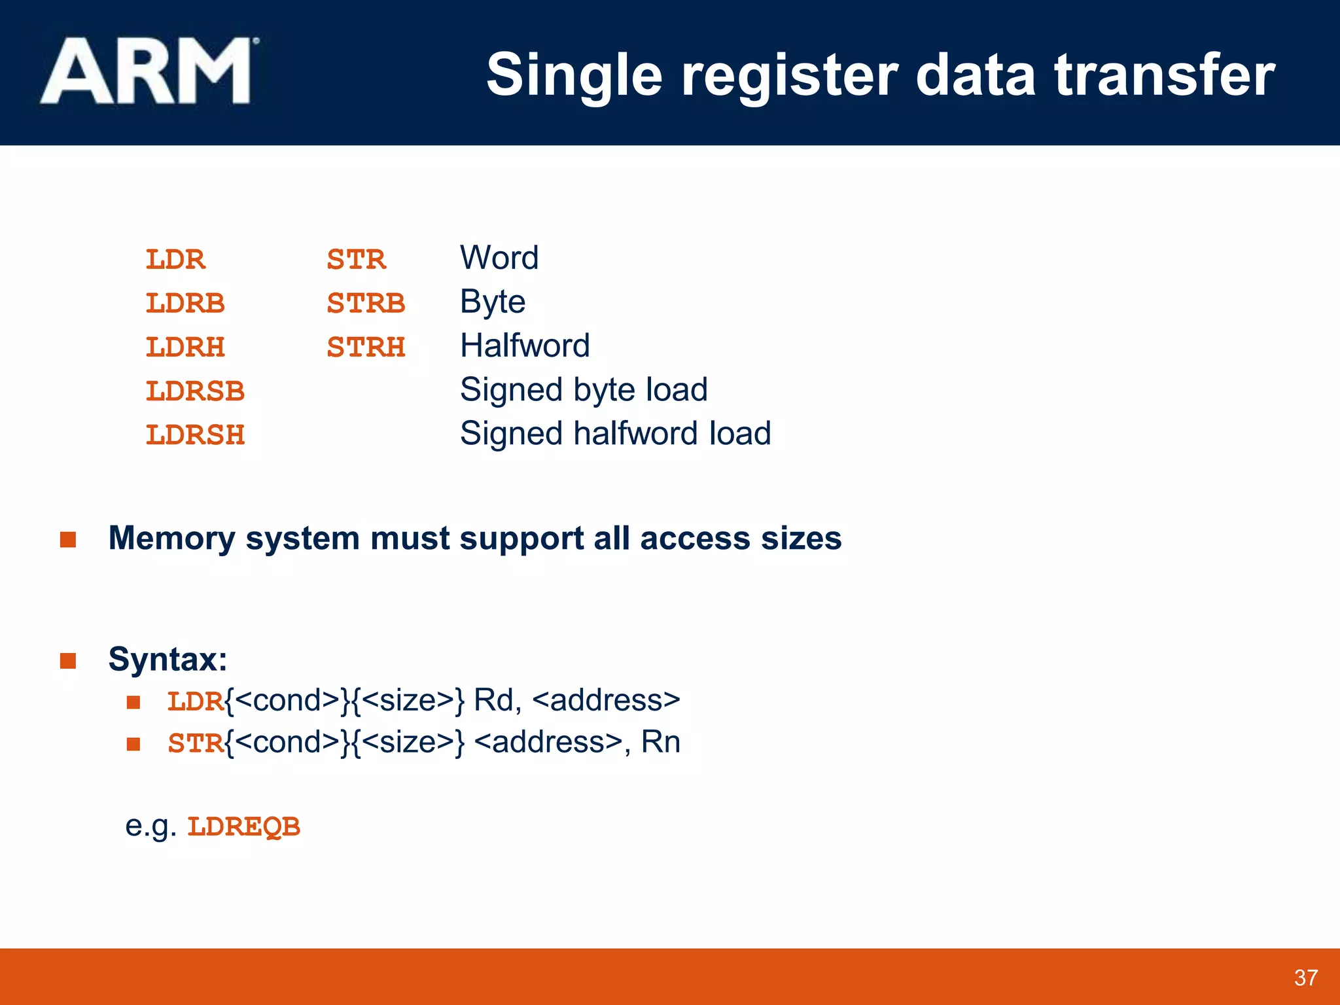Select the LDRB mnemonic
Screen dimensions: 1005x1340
(x=185, y=304)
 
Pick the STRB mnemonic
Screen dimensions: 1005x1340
(x=366, y=304)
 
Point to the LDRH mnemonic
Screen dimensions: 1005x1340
(x=185, y=347)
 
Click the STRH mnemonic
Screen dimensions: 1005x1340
(x=366, y=347)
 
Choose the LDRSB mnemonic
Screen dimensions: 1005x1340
(x=195, y=391)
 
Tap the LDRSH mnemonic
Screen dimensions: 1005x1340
(x=195, y=435)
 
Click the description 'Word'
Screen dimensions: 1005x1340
(x=499, y=258)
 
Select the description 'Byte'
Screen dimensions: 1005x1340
(x=493, y=302)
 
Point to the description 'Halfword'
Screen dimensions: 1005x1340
(x=525, y=345)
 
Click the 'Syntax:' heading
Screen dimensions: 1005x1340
(x=167, y=659)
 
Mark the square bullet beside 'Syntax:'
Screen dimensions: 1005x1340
(x=68, y=661)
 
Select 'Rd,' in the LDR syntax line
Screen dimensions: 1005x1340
(x=497, y=700)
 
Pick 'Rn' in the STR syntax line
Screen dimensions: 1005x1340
(x=661, y=742)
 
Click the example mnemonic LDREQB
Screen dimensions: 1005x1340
(x=243, y=827)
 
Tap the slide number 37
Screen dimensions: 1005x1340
(x=1305, y=978)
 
